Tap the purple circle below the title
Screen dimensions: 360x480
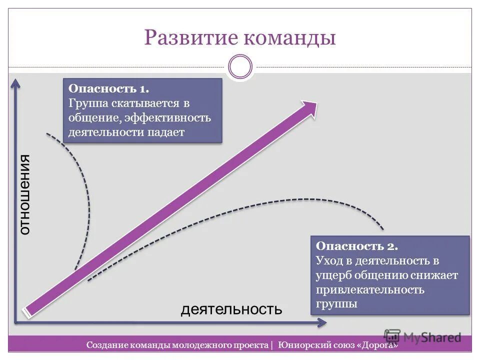pyautogui.click(x=240, y=66)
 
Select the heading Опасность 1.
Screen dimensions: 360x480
pyautogui.click(x=108, y=89)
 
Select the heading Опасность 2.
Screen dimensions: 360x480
pyautogui.click(x=357, y=246)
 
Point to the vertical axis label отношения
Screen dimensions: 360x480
pyautogui.click(x=24, y=195)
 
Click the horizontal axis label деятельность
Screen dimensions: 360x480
pyautogui.click(x=231, y=309)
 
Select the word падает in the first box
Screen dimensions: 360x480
pyautogui.click(x=166, y=132)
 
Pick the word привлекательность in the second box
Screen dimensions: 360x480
pyautogui.click(x=370, y=289)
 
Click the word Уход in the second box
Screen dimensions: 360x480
pyautogui.click(x=327, y=260)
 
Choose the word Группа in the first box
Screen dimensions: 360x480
pyautogui.click(x=85, y=103)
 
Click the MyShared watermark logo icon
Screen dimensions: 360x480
pyautogui.click(x=392, y=336)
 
